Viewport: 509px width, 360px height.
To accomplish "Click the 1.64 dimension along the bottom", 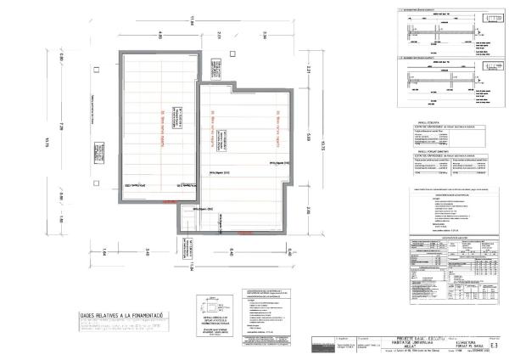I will click(103, 250).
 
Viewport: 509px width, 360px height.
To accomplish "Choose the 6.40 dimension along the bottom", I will click(232, 250).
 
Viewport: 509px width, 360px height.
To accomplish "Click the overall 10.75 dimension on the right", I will click(323, 146).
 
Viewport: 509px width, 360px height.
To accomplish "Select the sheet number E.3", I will click(495, 345).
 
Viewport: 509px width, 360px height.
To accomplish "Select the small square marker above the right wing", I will click(233, 55).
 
